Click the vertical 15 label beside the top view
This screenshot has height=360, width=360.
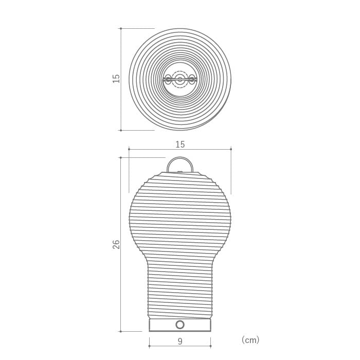pos(116,79)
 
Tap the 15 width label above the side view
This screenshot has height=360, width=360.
pos(180,145)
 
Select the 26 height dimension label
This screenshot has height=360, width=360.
pos(116,244)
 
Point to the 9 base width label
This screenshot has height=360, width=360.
pos(180,341)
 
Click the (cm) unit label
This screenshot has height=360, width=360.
pos(250,340)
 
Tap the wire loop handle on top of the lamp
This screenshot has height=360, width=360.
pos(180,157)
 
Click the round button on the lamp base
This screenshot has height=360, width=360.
pos(180,325)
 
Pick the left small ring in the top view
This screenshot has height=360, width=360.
pos(168,79)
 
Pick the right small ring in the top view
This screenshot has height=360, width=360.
pos(191,79)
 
